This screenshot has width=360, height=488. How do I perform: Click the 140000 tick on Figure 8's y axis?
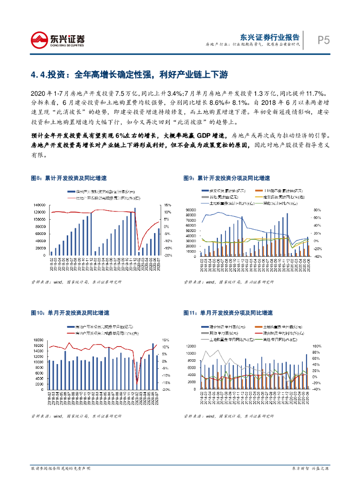[40, 205]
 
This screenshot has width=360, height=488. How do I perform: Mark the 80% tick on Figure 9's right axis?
[315, 210]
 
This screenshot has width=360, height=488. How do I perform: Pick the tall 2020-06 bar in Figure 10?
[153, 360]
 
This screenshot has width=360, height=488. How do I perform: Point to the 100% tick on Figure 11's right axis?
[316, 346]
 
